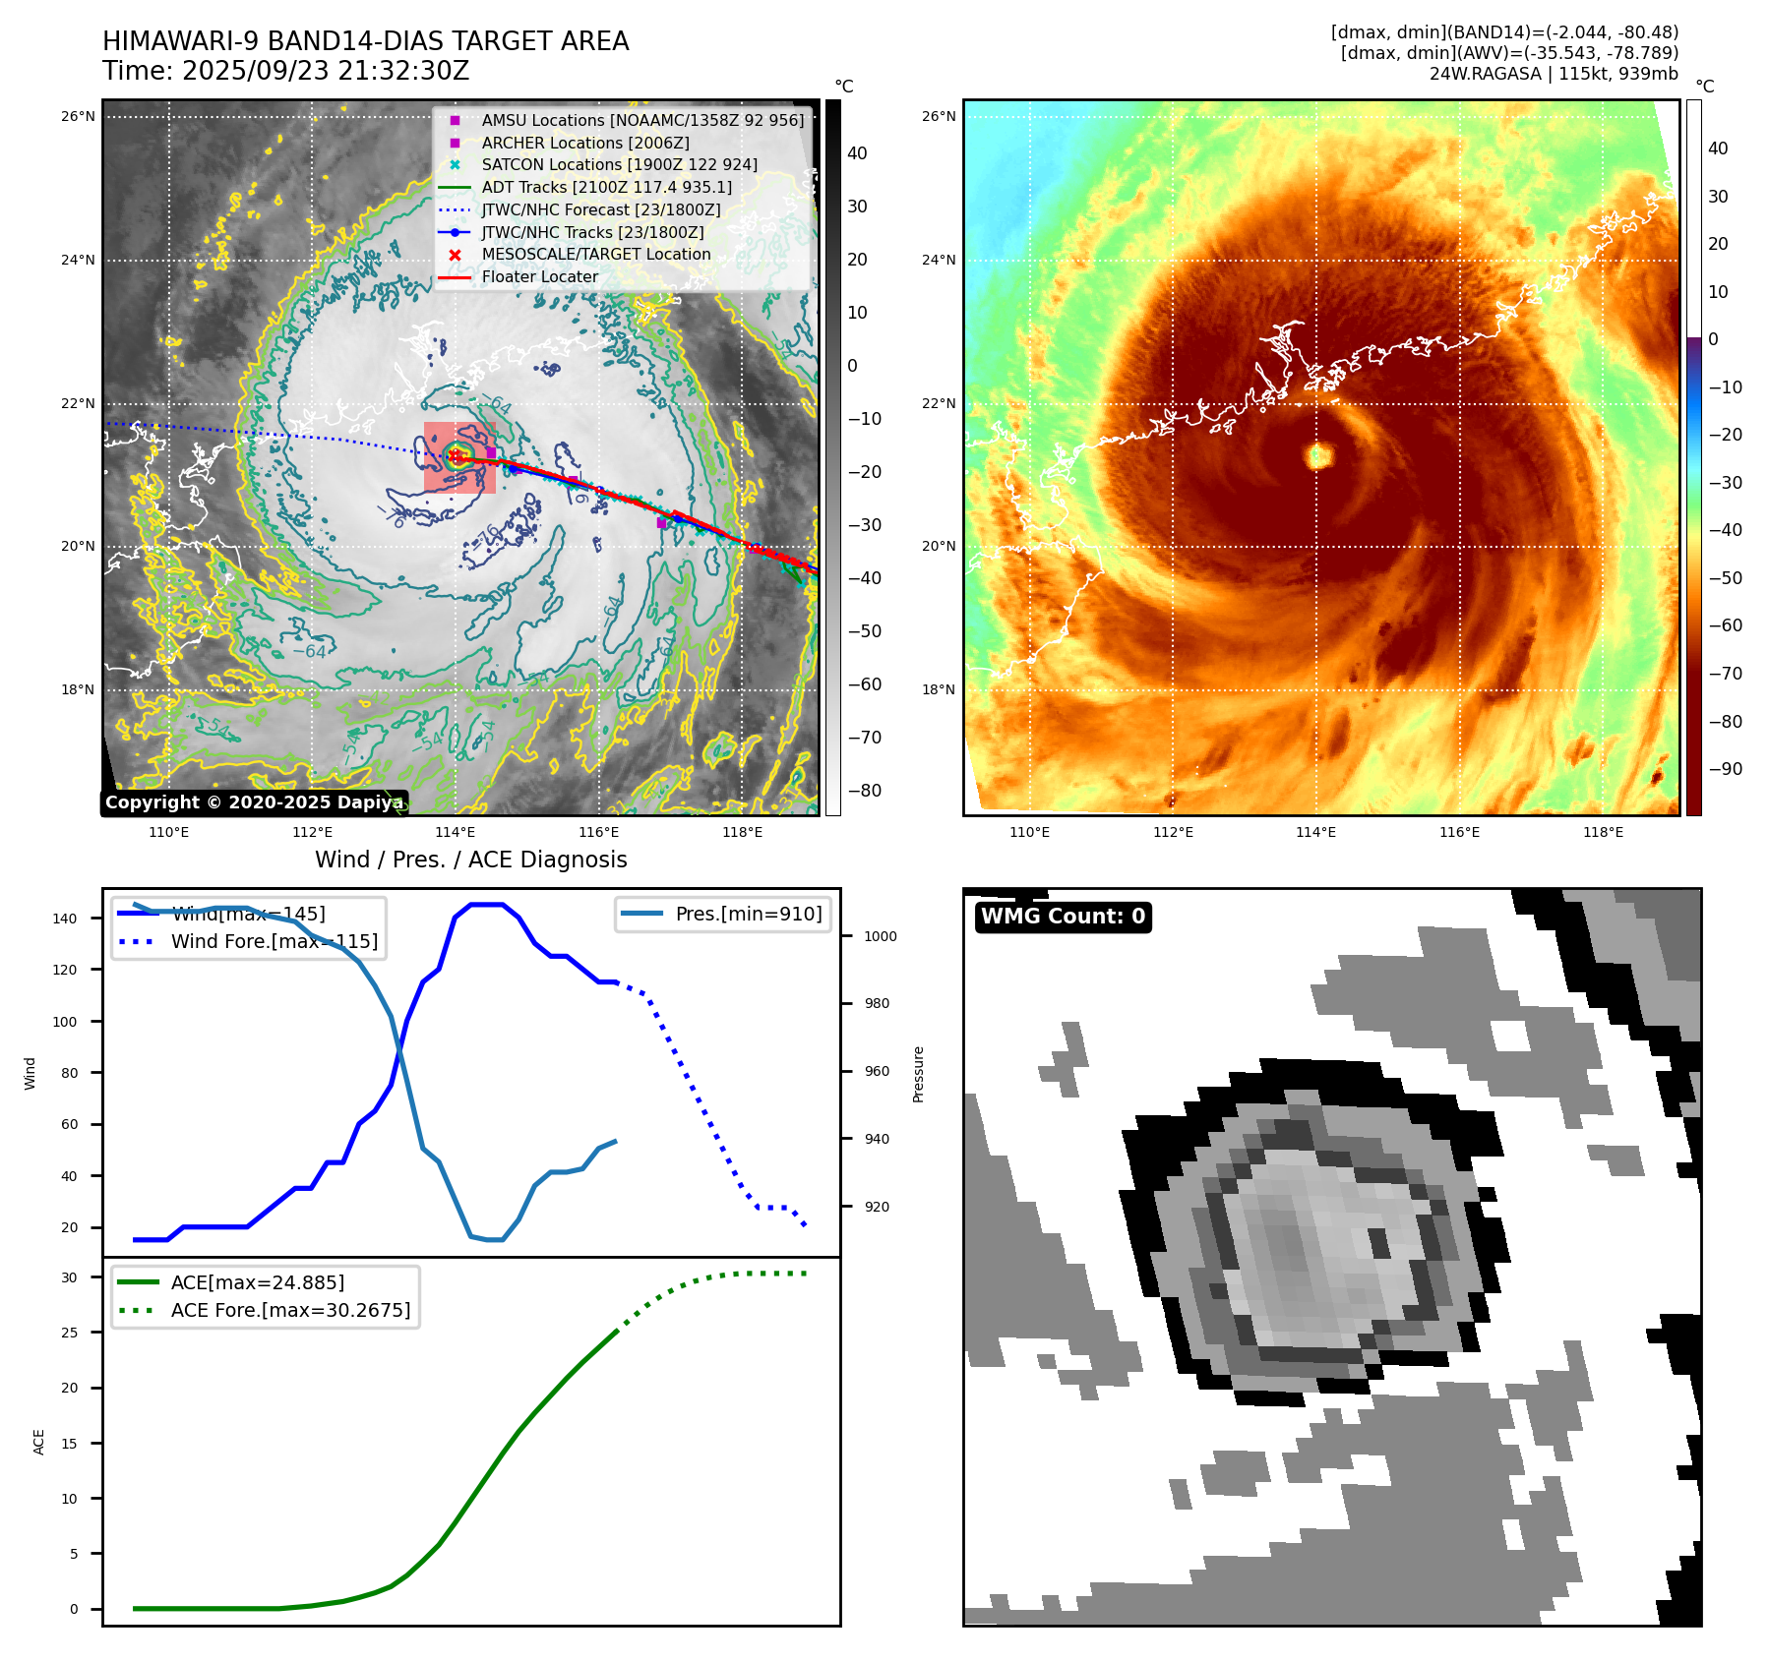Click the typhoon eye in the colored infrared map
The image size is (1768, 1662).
pyautogui.click(x=1318, y=455)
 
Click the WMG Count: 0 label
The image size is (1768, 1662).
pyautogui.click(x=1063, y=917)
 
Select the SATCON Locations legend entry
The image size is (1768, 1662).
pyautogui.click(x=619, y=164)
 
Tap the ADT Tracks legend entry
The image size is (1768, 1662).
pyautogui.click(x=606, y=187)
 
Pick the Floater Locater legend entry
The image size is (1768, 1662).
pyautogui.click(x=539, y=276)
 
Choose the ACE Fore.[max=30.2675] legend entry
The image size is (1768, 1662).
pyautogui.click(x=290, y=1310)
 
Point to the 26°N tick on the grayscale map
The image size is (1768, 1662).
pyautogui.click(x=79, y=116)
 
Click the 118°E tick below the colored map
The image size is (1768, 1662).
pyautogui.click(x=1603, y=832)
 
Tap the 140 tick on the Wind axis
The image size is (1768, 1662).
pyautogui.click(x=65, y=919)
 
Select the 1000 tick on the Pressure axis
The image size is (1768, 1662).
pyautogui.click(x=881, y=936)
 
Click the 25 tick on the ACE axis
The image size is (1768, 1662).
pyautogui.click(x=70, y=1333)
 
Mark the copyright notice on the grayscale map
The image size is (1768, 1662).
pyautogui.click(x=254, y=802)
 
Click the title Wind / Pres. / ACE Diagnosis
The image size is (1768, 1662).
pyautogui.click(x=470, y=860)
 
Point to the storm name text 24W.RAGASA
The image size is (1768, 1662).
pyautogui.click(x=1485, y=74)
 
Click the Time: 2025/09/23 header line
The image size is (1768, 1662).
pyautogui.click(x=285, y=71)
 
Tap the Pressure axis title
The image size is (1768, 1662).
pyautogui.click(x=918, y=1074)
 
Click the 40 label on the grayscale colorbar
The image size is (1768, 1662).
pyautogui.click(x=857, y=152)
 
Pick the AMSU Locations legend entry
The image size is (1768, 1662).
pyautogui.click(x=641, y=120)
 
